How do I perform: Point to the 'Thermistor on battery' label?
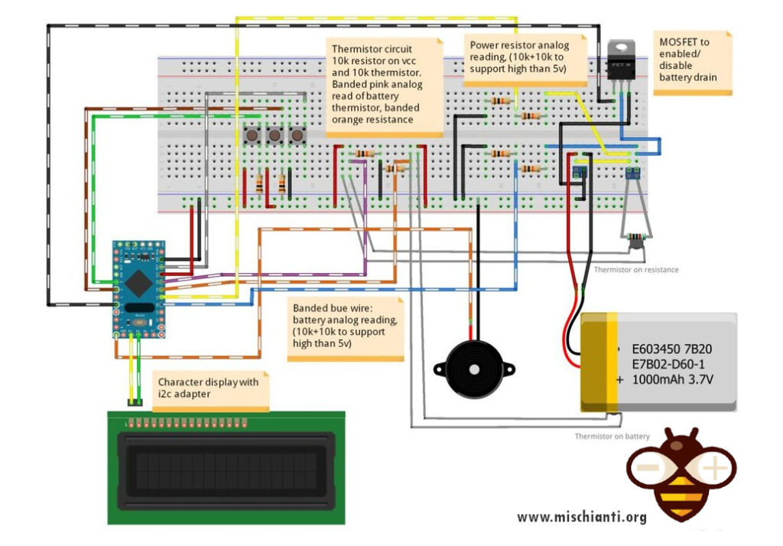(x=612, y=437)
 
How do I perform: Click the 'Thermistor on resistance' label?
(x=636, y=269)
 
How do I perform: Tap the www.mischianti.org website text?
(x=581, y=517)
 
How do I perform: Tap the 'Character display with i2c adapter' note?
(x=209, y=388)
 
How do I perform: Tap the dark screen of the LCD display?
(x=225, y=467)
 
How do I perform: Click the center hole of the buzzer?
(x=474, y=370)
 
